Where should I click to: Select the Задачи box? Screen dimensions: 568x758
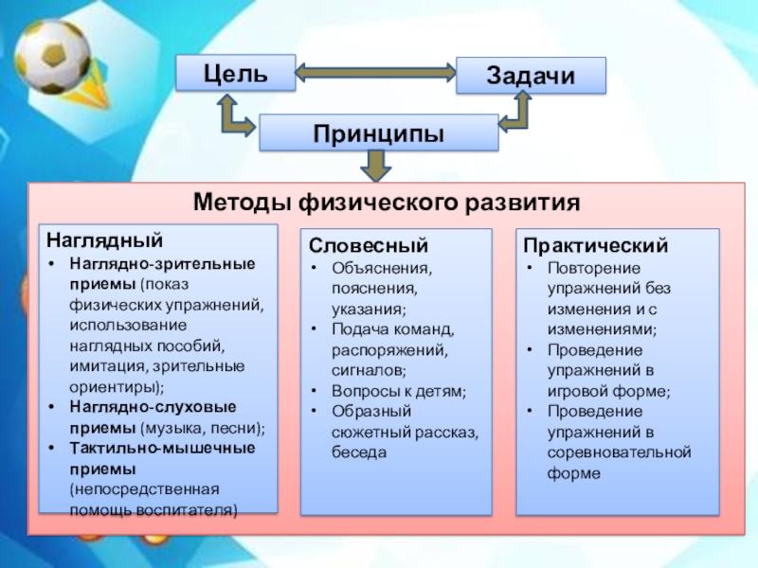pos(531,76)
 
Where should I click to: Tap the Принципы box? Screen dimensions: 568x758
pos(378,133)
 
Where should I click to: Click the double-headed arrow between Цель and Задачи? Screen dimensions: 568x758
pos(377,72)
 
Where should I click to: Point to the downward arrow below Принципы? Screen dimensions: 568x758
pos(377,167)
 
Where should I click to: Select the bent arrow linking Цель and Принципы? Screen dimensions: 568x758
pos(233,116)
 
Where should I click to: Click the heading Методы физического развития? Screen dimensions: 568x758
pos(386,203)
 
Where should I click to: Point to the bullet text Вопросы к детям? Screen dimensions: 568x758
pos(399,390)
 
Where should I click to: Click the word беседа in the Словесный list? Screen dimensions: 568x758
pos(359,453)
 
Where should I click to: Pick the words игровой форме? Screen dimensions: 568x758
pos(608,390)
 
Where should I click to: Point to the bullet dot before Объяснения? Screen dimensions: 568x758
pos(315,267)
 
